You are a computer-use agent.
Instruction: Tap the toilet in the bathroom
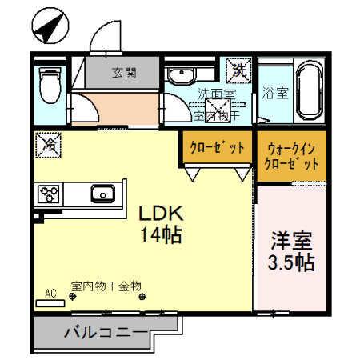click(50, 85)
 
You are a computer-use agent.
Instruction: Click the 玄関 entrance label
click(124, 73)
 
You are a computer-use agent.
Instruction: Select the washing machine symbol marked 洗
click(238, 70)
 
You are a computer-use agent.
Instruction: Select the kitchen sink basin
click(102, 194)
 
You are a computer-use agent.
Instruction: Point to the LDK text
click(163, 214)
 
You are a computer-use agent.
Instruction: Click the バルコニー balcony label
click(105, 332)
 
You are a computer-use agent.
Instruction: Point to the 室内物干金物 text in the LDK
click(106, 285)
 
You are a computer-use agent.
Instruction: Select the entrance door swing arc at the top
click(104, 36)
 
